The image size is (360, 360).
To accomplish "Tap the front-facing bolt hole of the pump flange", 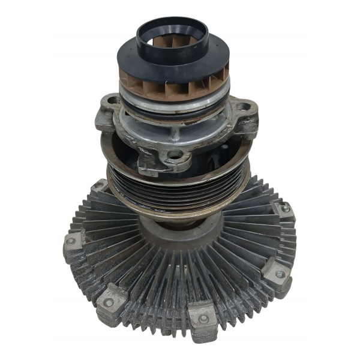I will point(174,155).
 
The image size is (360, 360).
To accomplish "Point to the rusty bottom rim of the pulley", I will point(174,211).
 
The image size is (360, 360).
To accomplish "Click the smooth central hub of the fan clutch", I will point(180,237).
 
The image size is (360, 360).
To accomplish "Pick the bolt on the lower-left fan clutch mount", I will point(110,302).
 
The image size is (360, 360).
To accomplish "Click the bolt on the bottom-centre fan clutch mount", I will point(203,318).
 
